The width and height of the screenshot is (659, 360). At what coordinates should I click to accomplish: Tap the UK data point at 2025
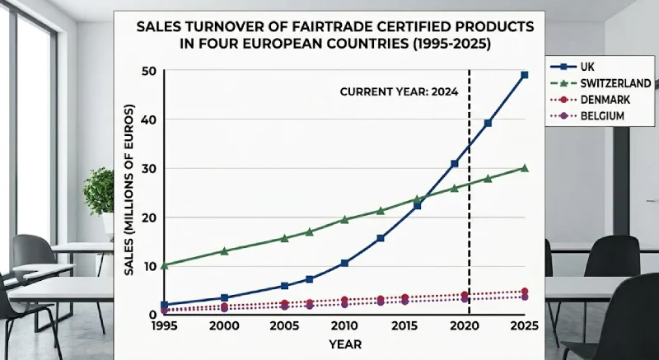tap(525, 75)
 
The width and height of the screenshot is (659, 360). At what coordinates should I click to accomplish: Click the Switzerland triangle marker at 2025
tap(525, 168)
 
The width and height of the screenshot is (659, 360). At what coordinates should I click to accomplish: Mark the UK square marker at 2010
tap(344, 263)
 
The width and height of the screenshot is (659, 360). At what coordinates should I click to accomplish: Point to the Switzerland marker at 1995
tap(164, 265)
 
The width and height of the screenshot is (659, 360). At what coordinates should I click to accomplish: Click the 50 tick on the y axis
tap(149, 71)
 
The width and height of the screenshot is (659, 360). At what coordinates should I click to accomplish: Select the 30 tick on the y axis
tap(149, 169)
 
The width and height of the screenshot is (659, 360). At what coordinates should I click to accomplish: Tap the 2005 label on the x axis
tap(284, 326)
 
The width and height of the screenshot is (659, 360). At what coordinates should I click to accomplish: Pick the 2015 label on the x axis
tap(404, 326)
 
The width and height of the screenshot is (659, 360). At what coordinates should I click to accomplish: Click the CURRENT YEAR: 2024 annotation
tap(399, 91)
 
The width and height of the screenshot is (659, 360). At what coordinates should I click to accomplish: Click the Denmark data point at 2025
tap(525, 292)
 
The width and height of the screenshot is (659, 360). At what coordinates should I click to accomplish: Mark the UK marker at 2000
tap(224, 297)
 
